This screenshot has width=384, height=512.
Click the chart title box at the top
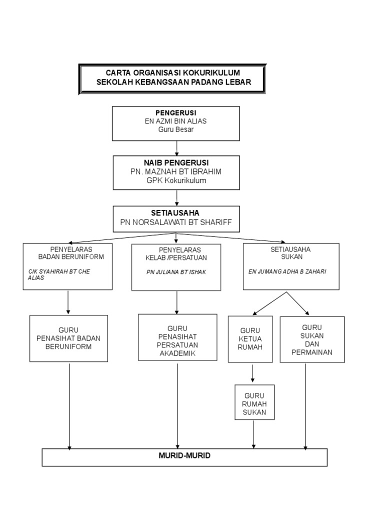tap(172, 79)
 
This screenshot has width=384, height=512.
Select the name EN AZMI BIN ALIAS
tap(175, 121)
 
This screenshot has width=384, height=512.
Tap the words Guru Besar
tap(175, 129)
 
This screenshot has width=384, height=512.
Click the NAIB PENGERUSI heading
tap(176, 162)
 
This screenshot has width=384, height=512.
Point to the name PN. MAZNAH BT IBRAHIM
tap(175, 171)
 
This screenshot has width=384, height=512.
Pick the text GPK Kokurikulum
tap(176, 180)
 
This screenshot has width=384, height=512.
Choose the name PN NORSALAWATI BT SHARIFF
tap(176, 222)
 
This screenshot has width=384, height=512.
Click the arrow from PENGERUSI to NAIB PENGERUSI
tap(176, 148)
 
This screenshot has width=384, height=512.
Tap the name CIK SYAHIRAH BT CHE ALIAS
tap(59, 274)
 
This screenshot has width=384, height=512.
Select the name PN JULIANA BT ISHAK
tap(176, 272)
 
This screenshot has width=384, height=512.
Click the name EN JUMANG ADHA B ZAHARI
tap(287, 271)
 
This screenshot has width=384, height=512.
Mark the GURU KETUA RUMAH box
tap(250, 339)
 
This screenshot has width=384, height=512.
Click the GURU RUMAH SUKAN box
tap(254, 402)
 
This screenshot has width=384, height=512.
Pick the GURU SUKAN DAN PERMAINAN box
tap(312, 339)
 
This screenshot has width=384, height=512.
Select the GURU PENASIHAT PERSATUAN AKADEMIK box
tap(177, 337)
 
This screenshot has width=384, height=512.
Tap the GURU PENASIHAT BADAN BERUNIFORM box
tap(68, 338)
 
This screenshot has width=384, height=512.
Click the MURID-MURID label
tap(184, 455)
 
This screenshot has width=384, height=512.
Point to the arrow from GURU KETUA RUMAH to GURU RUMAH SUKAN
tap(252, 373)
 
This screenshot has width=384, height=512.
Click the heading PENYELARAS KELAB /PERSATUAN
tap(176, 253)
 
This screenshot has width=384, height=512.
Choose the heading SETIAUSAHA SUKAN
tap(290, 253)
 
